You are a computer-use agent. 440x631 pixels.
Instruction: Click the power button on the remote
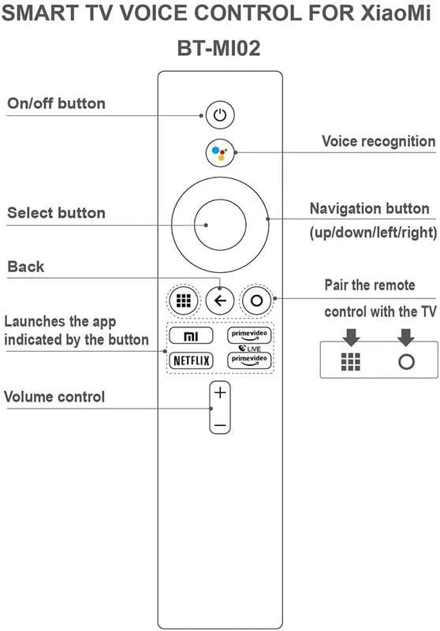219,115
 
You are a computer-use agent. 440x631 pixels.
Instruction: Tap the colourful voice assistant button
219,152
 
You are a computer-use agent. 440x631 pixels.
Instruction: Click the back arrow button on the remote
219,301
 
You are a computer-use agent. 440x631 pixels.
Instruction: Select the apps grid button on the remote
184,301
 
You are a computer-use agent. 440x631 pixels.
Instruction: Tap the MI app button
191,336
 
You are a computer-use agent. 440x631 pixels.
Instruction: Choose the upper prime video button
249,335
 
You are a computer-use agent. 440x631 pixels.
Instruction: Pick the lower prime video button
249,360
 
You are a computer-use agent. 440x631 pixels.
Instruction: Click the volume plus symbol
220,392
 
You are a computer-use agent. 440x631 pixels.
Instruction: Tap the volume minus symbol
220,425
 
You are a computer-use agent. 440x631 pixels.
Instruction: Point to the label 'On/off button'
56,103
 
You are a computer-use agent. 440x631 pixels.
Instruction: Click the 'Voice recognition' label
378,141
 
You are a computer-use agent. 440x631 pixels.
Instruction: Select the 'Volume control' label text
54,397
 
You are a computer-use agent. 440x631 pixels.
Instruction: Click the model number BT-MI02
218,48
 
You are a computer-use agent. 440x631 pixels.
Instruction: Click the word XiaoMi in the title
395,13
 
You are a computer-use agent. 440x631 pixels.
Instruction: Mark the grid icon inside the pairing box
351,362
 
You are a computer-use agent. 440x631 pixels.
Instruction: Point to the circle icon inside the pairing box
406,362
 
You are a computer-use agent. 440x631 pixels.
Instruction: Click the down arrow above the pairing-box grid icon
351,338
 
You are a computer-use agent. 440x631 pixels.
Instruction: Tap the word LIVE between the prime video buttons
253,349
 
